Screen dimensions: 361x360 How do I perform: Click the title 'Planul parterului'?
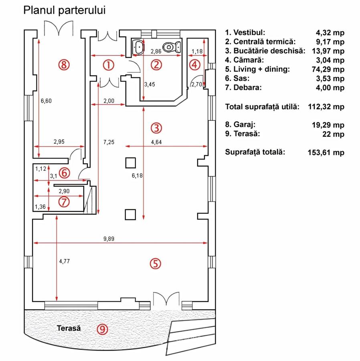click(x=65, y=10)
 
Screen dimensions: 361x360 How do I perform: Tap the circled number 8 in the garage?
click(x=64, y=64)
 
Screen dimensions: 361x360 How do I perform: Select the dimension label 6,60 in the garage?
click(x=47, y=101)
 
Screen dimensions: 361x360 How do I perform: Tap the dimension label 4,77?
click(x=64, y=261)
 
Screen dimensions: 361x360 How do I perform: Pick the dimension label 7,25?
click(x=109, y=142)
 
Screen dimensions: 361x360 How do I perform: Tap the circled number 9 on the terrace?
click(x=103, y=329)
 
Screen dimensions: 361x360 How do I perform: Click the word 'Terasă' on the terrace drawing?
click(x=69, y=328)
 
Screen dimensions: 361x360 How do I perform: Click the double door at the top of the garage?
click(x=59, y=28)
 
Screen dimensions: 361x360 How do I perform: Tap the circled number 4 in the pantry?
click(x=194, y=64)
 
